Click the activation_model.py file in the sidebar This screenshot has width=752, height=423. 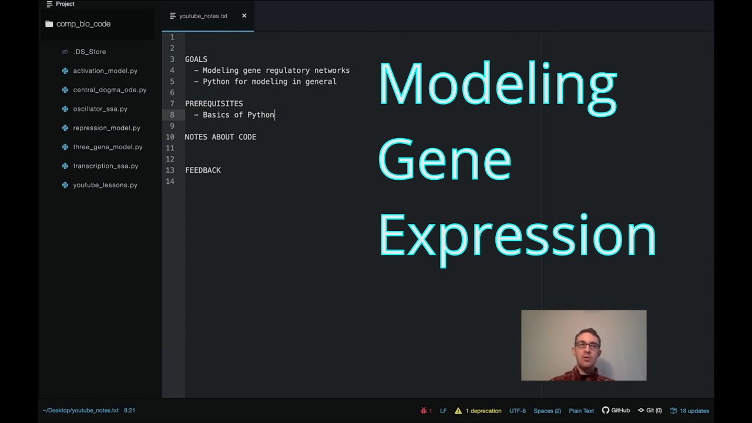(105, 70)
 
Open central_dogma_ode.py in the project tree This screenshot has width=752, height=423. (109, 90)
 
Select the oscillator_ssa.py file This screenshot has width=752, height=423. (100, 109)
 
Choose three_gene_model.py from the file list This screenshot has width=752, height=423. (108, 147)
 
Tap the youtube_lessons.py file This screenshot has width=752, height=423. (105, 185)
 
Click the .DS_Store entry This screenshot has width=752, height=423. (89, 52)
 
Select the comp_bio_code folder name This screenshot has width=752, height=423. (83, 24)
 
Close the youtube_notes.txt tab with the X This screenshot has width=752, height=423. (244, 16)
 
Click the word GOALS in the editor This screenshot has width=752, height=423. (196, 59)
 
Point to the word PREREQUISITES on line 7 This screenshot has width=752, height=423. (214, 103)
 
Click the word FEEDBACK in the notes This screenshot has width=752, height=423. (203, 170)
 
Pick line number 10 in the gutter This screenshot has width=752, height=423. (170, 137)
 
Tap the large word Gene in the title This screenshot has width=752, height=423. (445, 160)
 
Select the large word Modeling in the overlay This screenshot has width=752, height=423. (498, 85)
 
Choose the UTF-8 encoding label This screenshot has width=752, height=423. (517, 411)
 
